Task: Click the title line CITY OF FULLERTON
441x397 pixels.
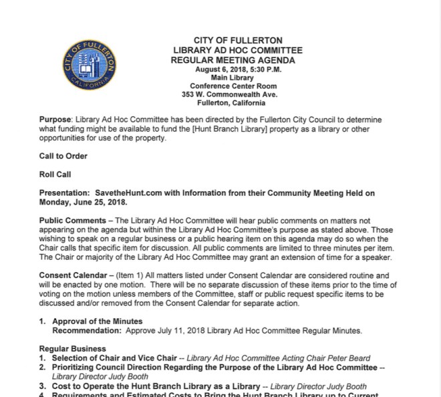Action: tap(237, 40)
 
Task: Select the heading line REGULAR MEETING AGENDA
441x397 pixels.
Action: tap(237, 60)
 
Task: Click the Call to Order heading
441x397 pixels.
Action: tap(63, 156)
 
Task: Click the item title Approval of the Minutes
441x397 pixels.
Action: tap(98, 321)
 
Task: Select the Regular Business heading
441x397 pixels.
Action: tap(72, 349)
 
